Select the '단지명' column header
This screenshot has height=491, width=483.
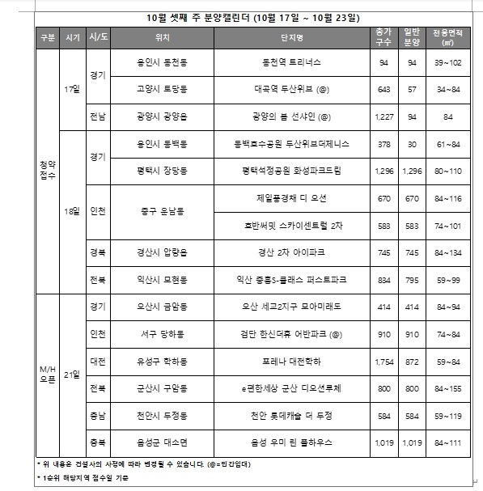pyautogui.click(x=291, y=38)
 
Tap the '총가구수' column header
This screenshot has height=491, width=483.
pyautogui.click(x=383, y=38)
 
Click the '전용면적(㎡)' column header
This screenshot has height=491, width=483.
pyautogui.click(x=447, y=38)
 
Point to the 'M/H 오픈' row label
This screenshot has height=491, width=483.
pyautogui.click(x=48, y=374)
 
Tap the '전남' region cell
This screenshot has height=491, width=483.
pyautogui.click(x=99, y=116)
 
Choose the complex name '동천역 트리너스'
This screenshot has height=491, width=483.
pyautogui.click(x=291, y=61)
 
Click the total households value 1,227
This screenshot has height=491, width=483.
pyautogui.click(x=383, y=116)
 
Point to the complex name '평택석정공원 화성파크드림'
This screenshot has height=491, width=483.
pyautogui.click(x=291, y=171)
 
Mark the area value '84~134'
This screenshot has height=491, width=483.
pyautogui.click(x=447, y=252)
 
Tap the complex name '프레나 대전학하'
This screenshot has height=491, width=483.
pyautogui.click(x=291, y=361)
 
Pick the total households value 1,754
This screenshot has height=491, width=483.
pyautogui.click(x=383, y=361)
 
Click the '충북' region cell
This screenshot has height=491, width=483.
pyautogui.click(x=99, y=443)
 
